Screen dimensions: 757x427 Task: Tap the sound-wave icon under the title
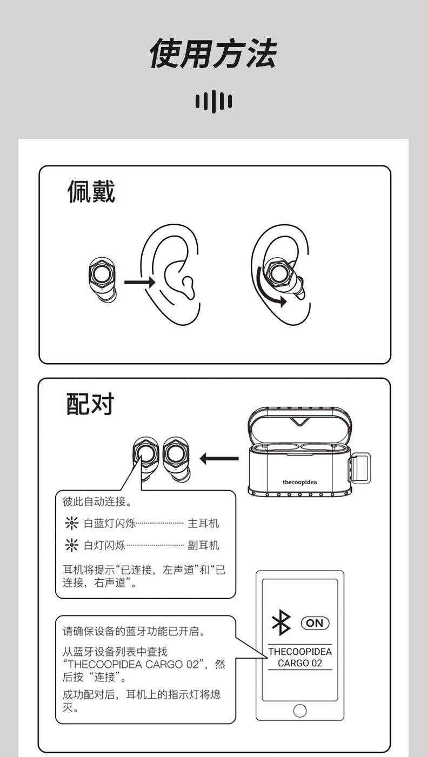coord(213,101)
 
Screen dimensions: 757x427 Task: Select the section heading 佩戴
coord(91,193)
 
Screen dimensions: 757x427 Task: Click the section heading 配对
coord(90,404)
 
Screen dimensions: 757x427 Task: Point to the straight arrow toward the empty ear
coord(139,282)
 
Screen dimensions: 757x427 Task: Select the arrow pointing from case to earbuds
coord(219,459)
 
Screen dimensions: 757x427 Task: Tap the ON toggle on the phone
coord(315,623)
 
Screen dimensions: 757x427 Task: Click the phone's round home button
coord(299,709)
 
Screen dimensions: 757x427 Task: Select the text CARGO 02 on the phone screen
coord(299,663)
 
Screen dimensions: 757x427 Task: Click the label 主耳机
coord(203,523)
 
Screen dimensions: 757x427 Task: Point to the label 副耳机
coord(203,545)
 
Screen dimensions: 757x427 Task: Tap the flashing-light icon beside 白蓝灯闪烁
coord(70,523)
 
